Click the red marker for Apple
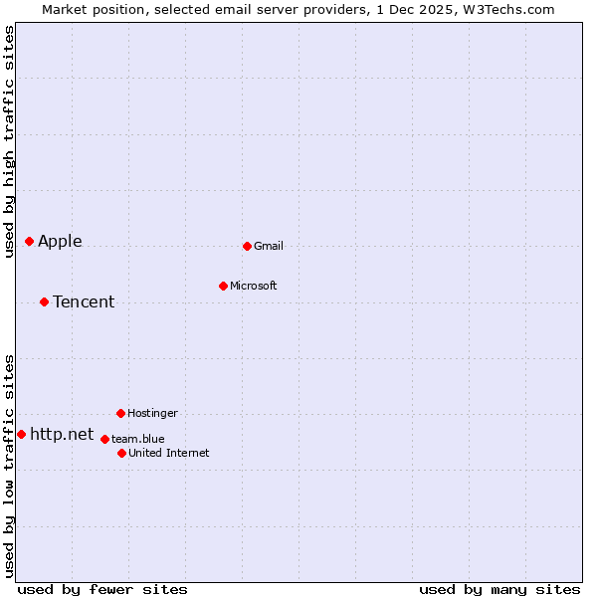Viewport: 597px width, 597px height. click(x=29, y=241)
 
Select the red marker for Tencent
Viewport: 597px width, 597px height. click(x=44, y=301)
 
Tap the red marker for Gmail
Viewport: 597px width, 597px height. click(x=247, y=246)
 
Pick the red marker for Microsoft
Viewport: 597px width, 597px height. click(x=223, y=286)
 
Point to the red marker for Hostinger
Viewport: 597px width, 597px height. click(x=120, y=413)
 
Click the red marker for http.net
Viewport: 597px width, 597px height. click(x=21, y=434)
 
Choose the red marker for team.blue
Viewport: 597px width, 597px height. click(x=104, y=439)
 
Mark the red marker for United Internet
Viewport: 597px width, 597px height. click(x=121, y=453)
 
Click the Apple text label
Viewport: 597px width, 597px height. click(x=60, y=241)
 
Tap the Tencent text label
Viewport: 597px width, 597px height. click(x=84, y=301)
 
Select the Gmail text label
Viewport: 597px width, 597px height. click(x=269, y=246)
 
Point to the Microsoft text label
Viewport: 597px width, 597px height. click(x=254, y=286)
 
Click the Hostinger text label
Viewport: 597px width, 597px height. click(x=152, y=413)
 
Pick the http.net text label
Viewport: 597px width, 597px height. click(x=62, y=434)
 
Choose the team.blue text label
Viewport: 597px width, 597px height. click(x=138, y=439)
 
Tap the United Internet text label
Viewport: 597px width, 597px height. click(x=169, y=453)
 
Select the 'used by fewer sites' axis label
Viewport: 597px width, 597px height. click(x=102, y=589)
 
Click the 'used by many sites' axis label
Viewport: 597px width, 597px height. click(x=499, y=589)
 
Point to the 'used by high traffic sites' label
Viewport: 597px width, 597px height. click(x=9, y=141)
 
